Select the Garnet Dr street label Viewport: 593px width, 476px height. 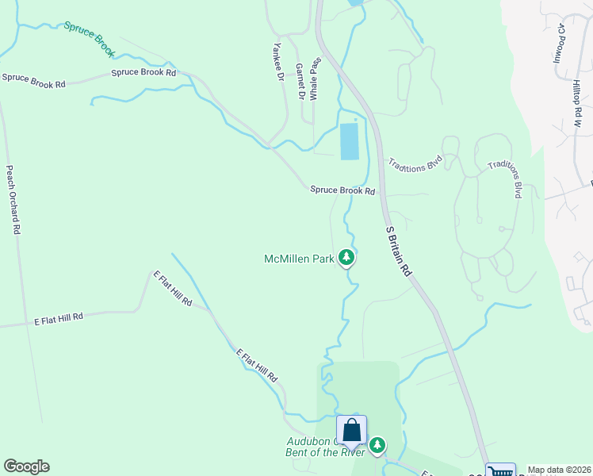click(x=300, y=82)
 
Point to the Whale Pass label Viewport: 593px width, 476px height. click(x=315, y=77)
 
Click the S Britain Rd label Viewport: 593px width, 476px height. click(x=399, y=250)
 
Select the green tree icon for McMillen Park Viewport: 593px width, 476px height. click(x=346, y=256)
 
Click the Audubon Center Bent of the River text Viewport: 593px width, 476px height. click(x=325, y=447)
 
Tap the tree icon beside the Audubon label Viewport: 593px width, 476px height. click(x=377, y=445)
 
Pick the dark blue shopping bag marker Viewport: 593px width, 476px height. click(x=351, y=432)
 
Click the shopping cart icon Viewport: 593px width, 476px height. click(x=499, y=471)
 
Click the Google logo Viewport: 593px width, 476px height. click(x=26, y=466)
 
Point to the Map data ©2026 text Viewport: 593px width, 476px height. click(x=560, y=470)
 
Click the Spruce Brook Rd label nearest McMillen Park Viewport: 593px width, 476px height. click(x=342, y=190)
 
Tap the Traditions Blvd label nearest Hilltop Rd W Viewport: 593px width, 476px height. click(x=507, y=179)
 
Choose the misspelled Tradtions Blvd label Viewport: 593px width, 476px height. click(x=414, y=163)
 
